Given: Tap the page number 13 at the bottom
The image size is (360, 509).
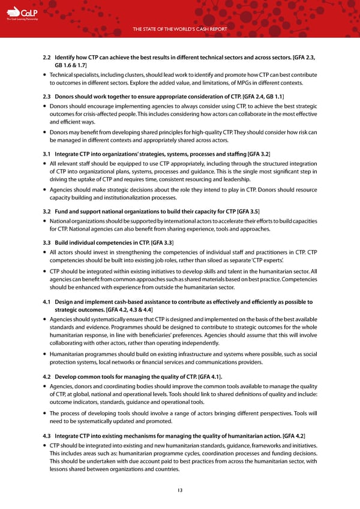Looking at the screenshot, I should (180, 490).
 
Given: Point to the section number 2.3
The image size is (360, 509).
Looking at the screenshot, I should (47, 96).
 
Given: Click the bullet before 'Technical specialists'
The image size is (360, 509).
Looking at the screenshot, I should (46, 73).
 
